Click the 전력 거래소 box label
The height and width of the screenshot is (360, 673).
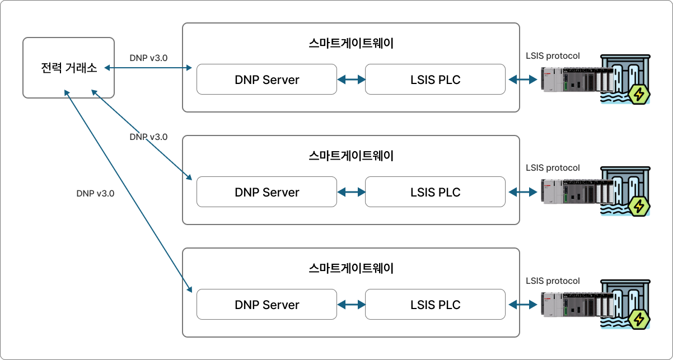[69, 68]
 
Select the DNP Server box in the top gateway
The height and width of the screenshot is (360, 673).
[267, 80]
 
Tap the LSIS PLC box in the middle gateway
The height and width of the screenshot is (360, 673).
[436, 191]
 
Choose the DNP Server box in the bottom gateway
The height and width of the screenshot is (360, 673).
[267, 305]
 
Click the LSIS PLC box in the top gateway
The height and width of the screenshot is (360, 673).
[436, 80]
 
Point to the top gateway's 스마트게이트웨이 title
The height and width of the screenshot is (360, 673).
[351, 43]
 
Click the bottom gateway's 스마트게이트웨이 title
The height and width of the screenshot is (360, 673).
[351, 268]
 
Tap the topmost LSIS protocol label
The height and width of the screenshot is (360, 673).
[553, 56]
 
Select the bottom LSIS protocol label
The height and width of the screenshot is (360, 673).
[553, 280]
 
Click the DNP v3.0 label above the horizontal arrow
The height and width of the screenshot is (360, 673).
[148, 58]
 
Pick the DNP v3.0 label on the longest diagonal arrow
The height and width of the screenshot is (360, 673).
[95, 194]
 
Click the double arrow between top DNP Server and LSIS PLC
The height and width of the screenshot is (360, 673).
[351, 80]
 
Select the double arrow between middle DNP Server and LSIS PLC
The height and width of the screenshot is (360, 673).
[351, 192]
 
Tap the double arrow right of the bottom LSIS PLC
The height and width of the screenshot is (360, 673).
[523, 305]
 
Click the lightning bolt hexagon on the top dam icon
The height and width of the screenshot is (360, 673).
[639, 95]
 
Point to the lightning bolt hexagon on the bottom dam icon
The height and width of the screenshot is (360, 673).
[639, 319]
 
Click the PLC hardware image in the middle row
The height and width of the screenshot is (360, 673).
[577, 191]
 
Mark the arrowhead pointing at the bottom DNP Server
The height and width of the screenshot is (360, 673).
[190, 289]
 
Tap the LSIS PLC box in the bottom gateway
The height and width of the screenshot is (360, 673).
[436, 305]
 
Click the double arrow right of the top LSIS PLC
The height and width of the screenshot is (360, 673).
[523, 80]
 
